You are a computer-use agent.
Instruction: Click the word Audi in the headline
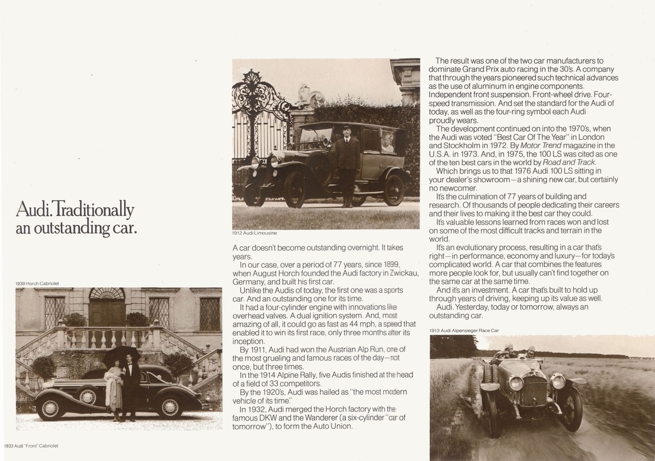click(x=32, y=210)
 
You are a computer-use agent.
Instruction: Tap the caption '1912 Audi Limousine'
click(x=255, y=233)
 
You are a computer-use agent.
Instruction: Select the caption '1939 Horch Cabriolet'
click(x=37, y=283)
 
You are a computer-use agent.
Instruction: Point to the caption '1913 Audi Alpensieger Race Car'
click(x=464, y=331)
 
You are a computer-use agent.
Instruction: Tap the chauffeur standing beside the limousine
click(x=347, y=165)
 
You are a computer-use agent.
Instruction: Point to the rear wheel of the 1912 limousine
click(x=393, y=190)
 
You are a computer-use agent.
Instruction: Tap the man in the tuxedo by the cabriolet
click(x=130, y=387)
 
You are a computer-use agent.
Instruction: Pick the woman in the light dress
click(x=114, y=390)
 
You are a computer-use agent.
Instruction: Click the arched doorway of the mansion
click(x=107, y=306)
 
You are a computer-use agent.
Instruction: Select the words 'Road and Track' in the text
click(x=559, y=162)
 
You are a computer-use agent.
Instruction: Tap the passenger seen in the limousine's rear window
click(x=387, y=143)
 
